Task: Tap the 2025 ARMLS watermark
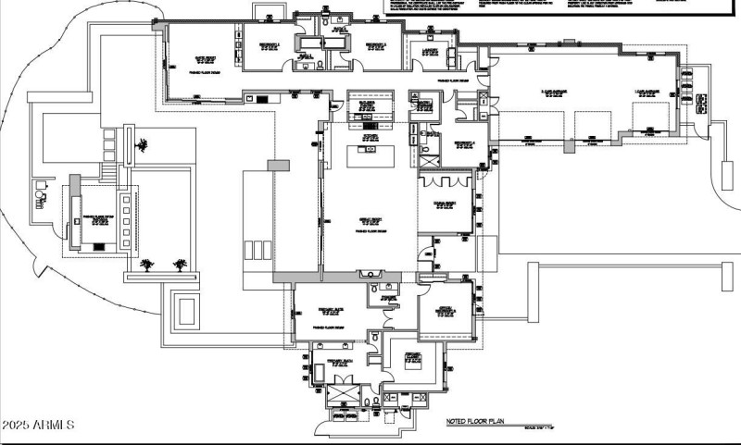pos(38,425)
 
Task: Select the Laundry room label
pos(425,52)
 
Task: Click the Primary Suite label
pos(332,311)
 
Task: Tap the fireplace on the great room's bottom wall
pos(374,274)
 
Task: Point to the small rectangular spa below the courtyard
pos(185,309)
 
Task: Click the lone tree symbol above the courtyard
pos(142,144)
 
